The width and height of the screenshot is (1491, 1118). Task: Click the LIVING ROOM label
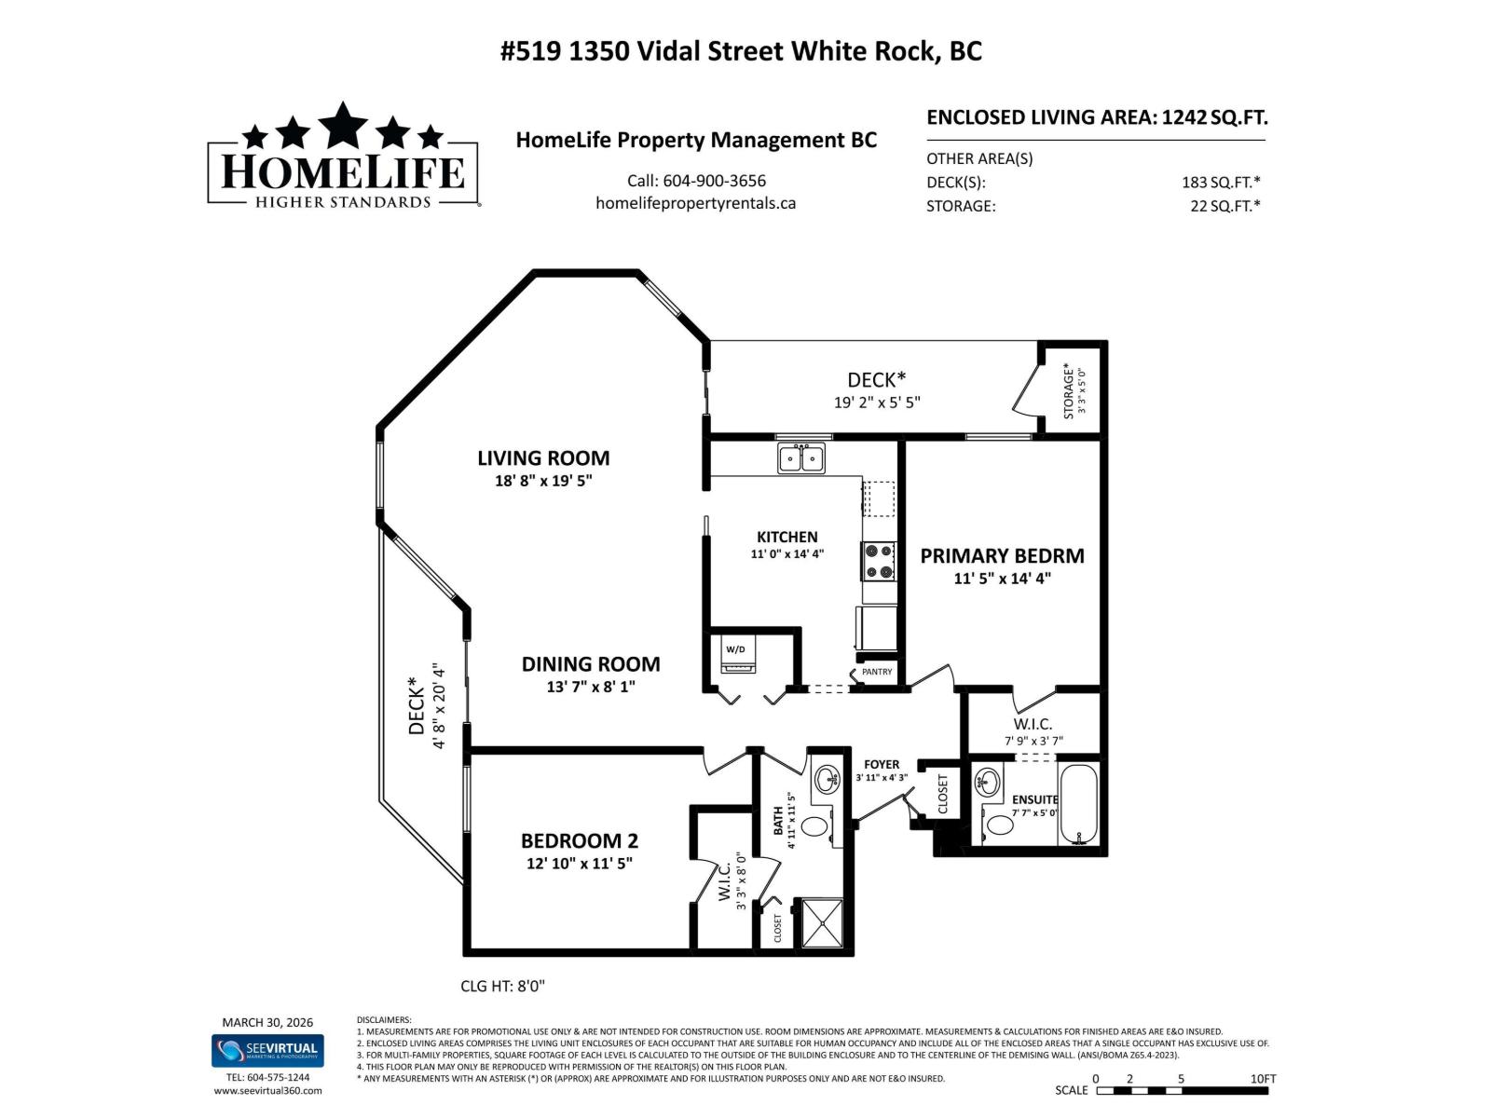(543, 458)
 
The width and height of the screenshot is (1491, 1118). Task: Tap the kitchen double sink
(800, 458)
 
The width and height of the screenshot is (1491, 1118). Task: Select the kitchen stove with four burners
(879, 561)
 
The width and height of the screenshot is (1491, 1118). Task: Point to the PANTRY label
(877, 672)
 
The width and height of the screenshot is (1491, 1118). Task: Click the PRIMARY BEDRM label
(1002, 556)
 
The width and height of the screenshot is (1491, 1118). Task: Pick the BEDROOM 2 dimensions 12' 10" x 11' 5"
(579, 864)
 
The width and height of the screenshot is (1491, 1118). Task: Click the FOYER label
(881, 764)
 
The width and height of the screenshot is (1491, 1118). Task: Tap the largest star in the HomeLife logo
(343, 124)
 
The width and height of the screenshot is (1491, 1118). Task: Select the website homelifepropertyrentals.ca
(695, 203)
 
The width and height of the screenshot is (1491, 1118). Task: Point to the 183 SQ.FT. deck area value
(1220, 183)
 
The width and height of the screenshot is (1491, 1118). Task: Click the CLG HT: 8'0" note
(502, 986)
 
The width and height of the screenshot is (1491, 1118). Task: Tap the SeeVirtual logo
(267, 1050)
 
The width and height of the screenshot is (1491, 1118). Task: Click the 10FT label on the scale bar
(1263, 1079)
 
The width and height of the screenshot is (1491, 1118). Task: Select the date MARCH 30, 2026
(267, 1022)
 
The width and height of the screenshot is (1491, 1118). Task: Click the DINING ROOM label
(590, 664)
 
